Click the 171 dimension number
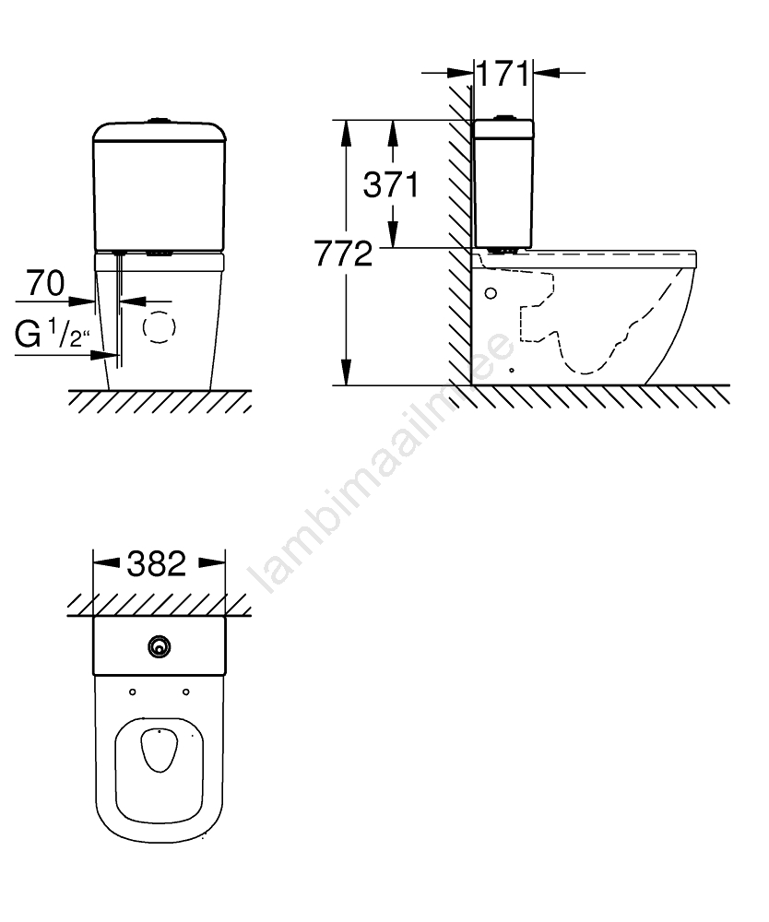503,74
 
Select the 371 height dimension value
391,184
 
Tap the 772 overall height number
343,254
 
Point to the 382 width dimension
157,563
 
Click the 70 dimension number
45,283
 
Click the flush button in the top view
159,647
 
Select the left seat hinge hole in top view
132,692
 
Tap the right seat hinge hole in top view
185,692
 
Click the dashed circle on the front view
160,327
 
